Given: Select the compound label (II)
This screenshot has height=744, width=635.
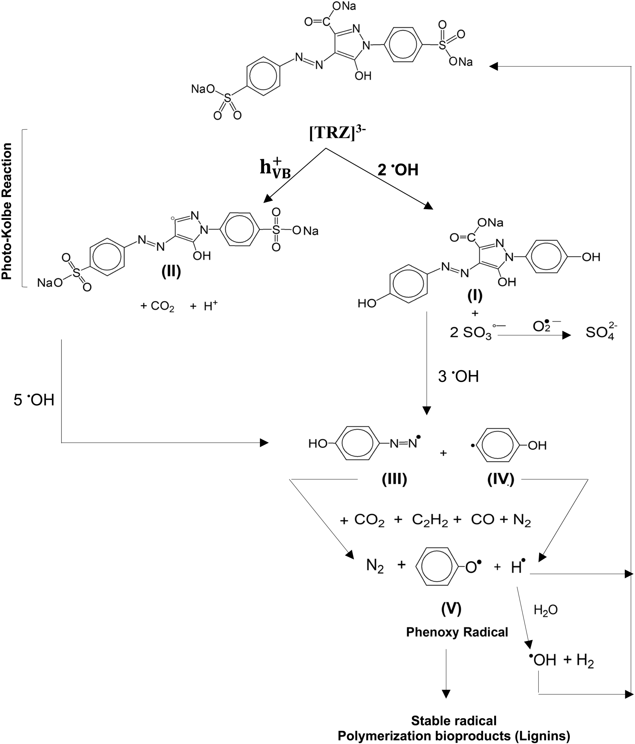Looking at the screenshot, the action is pyautogui.click(x=171, y=272).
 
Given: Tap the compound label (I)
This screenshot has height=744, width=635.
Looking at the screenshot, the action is pyautogui.click(x=475, y=296).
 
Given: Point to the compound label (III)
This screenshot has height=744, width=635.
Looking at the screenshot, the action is pyautogui.click(x=394, y=479).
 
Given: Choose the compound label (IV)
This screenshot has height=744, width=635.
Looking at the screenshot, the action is pyautogui.click(x=500, y=479).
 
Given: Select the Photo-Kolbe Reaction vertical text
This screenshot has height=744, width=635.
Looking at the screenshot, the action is pyautogui.click(x=7, y=211).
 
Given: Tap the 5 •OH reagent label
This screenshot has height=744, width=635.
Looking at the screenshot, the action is pyautogui.click(x=34, y=400).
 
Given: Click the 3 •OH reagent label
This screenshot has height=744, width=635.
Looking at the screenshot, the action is pyautogui.click(x=458, y=376).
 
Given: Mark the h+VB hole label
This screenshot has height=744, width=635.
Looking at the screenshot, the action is pyautogui.click(x=275, y=169).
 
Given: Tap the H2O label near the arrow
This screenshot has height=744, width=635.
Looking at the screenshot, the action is pyautogui.click(x=546, y=610).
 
